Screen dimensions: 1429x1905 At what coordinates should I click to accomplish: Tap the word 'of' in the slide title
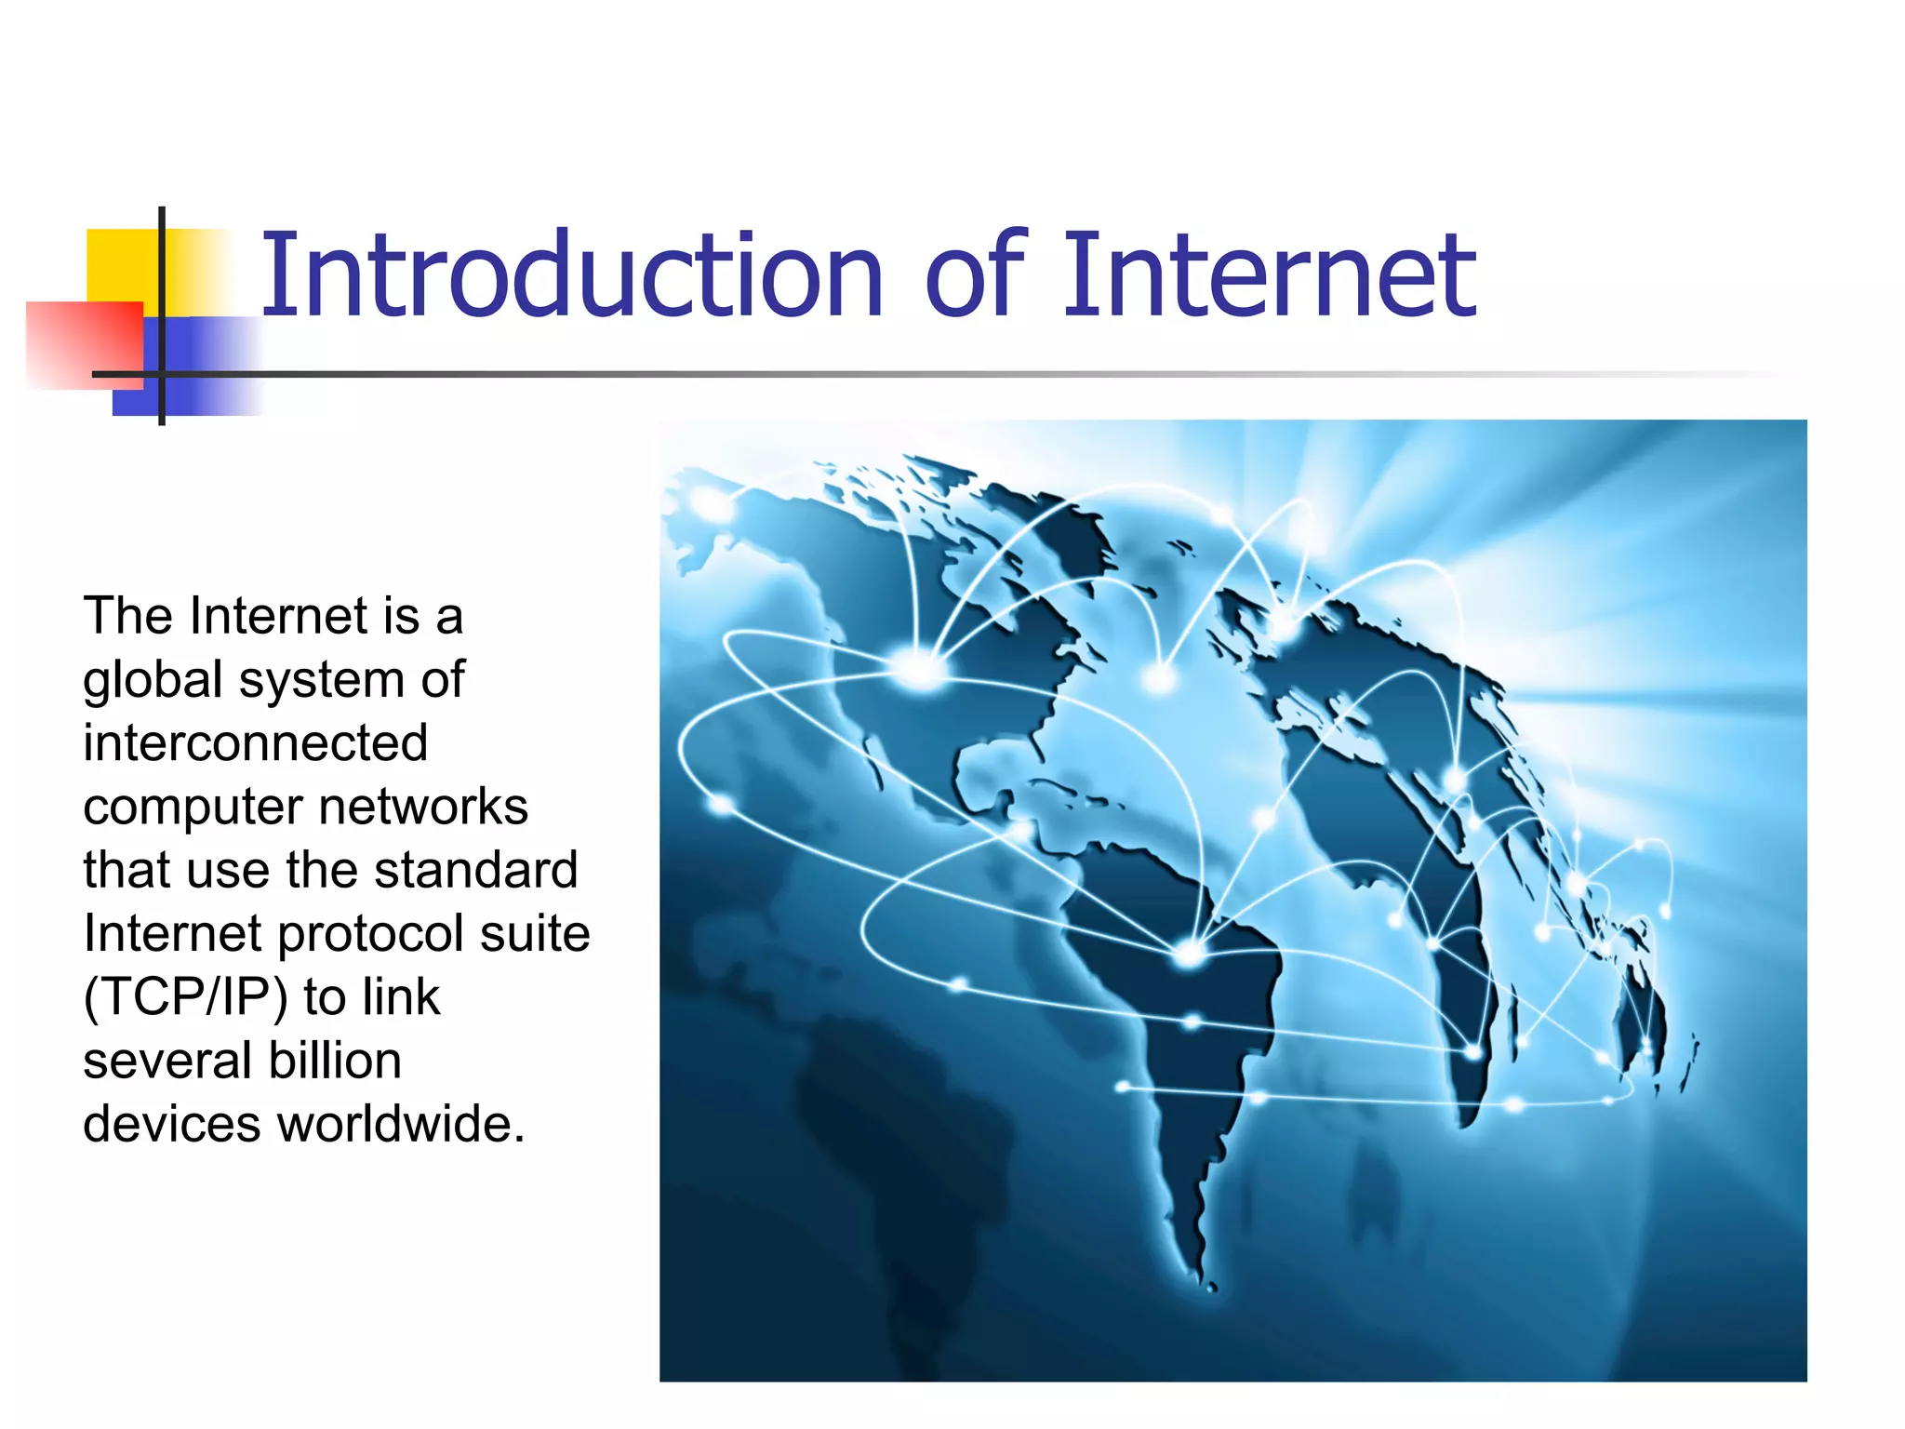[975, 276]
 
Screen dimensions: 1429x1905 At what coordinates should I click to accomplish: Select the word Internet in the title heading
[1269, 276]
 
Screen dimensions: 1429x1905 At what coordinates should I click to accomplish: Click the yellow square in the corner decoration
[121, 264]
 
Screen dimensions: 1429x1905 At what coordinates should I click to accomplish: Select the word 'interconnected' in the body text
[255, 743]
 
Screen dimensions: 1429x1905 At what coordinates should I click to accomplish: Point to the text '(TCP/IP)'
[185, 997]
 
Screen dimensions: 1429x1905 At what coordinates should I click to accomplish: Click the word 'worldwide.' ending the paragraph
[402, 1124]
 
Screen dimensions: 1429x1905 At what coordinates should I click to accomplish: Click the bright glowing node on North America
[919, 668]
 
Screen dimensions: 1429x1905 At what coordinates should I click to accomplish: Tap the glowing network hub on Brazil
[1190, 953]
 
